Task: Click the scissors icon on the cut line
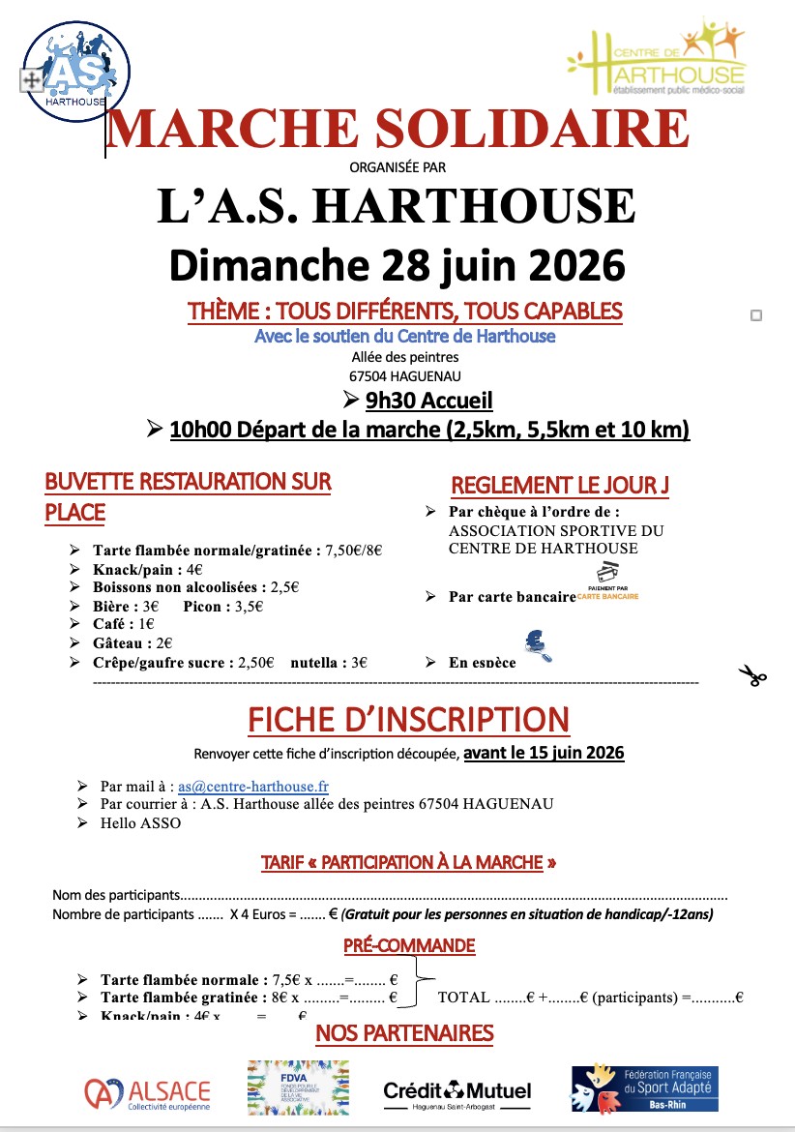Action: click(x=751, y=675)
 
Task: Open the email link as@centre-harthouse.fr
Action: click(x=253, y=787)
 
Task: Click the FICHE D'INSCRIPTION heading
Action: click(x=408, y=720)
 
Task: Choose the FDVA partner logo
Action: click(x=297, y=1087)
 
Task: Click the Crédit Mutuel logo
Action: click(x=456, y=1092)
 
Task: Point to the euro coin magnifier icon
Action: click(x=537, y=646)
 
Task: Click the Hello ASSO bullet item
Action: click(x=140, y=823)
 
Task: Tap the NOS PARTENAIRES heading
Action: click(x=404, y=1034)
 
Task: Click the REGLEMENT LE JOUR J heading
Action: click(x=559, y=485)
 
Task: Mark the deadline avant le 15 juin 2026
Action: click(x=544, y=752)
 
